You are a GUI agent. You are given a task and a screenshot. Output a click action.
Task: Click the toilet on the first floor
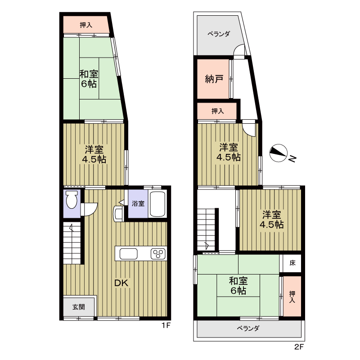coord(72,199)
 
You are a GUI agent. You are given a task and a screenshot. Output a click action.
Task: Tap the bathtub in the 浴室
coord(157,204)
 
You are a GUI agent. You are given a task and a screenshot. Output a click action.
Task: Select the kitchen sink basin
coord(128,254)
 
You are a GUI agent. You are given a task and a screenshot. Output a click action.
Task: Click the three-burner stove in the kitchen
coord(158,254)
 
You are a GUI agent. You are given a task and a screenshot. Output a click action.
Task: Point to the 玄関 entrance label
coord(79,307)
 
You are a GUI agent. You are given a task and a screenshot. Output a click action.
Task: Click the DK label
coord(121,283)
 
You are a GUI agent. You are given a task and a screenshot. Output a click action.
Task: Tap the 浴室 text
coord(138,203)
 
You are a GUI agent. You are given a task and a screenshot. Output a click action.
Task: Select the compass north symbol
coord(278,153)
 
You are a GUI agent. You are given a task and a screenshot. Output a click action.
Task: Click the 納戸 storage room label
coord(214,79)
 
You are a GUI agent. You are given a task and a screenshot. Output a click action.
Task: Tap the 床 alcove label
coord(292,263)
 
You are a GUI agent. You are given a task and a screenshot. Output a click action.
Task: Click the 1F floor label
coord(166,325)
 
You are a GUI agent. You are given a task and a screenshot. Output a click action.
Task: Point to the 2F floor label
coord(299,346)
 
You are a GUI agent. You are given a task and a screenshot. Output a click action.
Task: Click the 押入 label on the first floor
coord(86,25)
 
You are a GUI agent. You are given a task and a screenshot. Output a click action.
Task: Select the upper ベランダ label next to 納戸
coord(219,34)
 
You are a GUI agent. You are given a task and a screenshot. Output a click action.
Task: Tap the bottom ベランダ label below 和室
coord(248,328)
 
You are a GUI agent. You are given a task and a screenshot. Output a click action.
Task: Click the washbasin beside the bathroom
coord(118,214)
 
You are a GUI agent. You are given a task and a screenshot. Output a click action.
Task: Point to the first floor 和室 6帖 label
coord(89,79)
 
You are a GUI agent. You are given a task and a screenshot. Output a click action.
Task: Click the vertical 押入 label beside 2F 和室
coord(292,297)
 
